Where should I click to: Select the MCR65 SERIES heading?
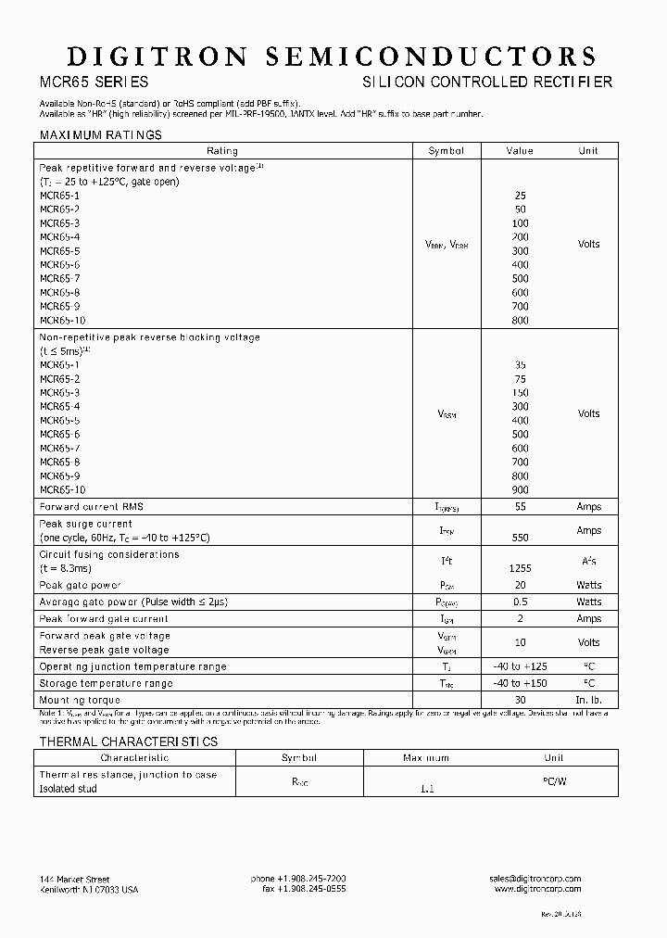point(93,82)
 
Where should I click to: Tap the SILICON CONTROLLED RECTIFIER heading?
point(485,82)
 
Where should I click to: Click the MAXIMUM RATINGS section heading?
point(100,135)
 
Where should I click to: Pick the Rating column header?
point(222,151)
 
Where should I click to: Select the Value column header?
point(520,151)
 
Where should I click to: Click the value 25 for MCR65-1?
point(520,196)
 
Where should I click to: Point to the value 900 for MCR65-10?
point(520,489)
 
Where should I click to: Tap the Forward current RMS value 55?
point(520,507)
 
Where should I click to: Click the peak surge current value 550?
point(520,538)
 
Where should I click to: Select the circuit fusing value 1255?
point(520,568)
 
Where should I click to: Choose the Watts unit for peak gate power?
point(588,585)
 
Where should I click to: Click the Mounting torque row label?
point(80,700)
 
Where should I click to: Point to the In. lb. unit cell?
point(588,700)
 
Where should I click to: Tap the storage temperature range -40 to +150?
point(520,683)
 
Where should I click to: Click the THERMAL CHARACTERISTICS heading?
point(128,742)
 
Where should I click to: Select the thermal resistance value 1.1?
point(426,789)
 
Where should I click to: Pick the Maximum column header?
point(426,758)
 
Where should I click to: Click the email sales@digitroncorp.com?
point(535,878)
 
